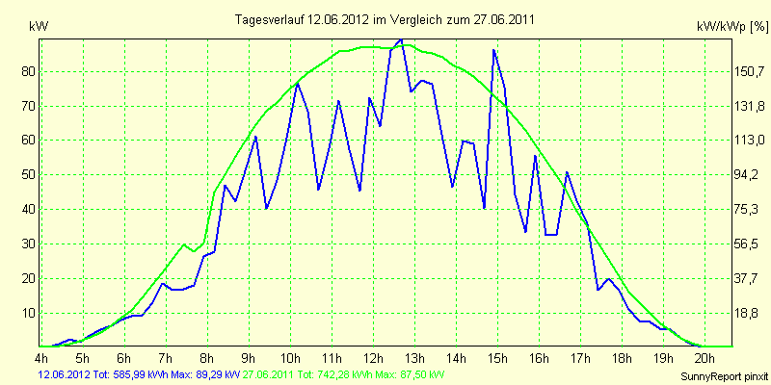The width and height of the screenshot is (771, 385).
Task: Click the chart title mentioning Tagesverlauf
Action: click(x=384, y=19)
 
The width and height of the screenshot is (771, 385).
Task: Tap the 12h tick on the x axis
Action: click(x=374, y=356)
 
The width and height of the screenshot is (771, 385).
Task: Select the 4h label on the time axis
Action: click(x=41, y=356)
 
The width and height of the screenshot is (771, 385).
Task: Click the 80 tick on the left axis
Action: click(x=29, y=72)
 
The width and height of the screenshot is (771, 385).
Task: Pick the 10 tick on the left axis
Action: click(x=29, y=313)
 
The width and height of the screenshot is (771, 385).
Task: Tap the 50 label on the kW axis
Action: click(x=29, y=175)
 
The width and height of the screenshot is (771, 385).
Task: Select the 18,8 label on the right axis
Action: click(x=749, y=314)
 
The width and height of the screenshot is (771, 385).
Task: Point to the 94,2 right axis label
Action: click(x=749, y=175)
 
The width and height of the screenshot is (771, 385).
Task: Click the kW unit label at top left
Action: click(x=39, y=27)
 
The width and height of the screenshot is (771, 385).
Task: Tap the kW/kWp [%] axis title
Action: click(x=731, y=27)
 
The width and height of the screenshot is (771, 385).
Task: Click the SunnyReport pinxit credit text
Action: click(x=723, y=376)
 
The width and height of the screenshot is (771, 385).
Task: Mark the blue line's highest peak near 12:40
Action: click(x=401, y=39)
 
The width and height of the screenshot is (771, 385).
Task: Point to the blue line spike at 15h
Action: click(x=493, y=50)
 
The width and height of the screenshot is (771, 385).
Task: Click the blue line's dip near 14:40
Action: click(x=485, y=207)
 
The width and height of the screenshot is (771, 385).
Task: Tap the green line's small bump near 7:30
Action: click(x=184, y=244)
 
